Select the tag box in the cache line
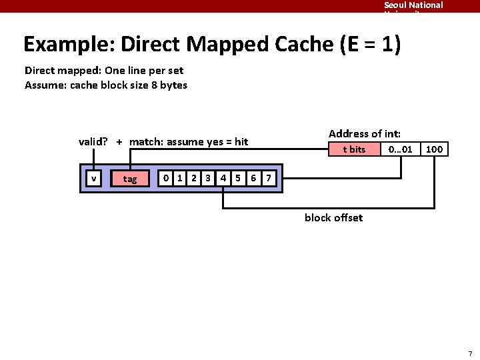(x=130, y=179)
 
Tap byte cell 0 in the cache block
(x=166, y=178)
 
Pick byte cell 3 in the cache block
(x=208, y=178)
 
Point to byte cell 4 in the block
(x=223, y=178)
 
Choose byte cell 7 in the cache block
(x=268, y=178)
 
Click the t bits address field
(x=354, y=149)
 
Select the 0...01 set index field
(x=401, y=149)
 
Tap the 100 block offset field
(x=434, y=149)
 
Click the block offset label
(x=333, y=217)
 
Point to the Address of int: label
(x=365, y=133)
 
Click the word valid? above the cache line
(x=93, y=141)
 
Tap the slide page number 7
(x=470, y=353)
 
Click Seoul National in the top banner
(x=413, y=5)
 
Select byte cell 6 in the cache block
(x=253, y=178)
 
